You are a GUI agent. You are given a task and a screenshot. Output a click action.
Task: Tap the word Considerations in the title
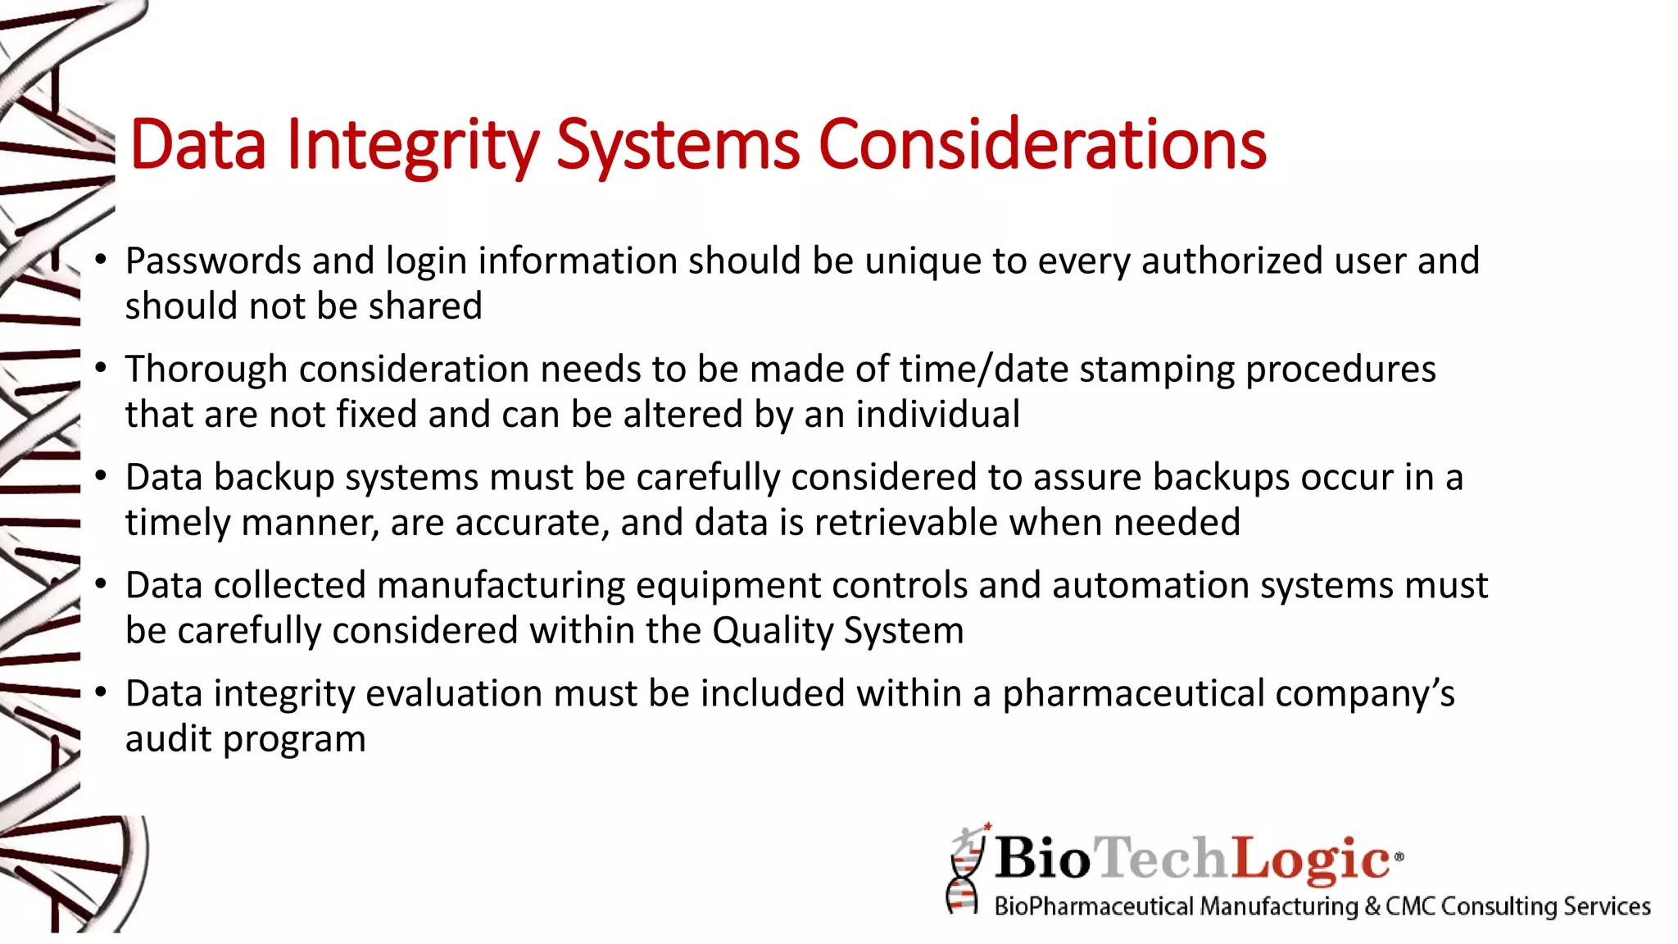[x=1042, y=146]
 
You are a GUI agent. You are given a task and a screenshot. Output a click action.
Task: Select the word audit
[x=168, y=739]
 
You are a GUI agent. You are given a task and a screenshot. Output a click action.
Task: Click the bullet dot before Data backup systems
[x=101, y=476]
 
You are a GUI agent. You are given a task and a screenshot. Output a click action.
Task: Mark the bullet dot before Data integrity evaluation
[x=101, y=692]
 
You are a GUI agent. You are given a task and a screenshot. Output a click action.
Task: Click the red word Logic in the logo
[x=1310, y=859]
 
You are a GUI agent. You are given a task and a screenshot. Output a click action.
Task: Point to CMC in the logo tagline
[x=1410, y=907]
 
